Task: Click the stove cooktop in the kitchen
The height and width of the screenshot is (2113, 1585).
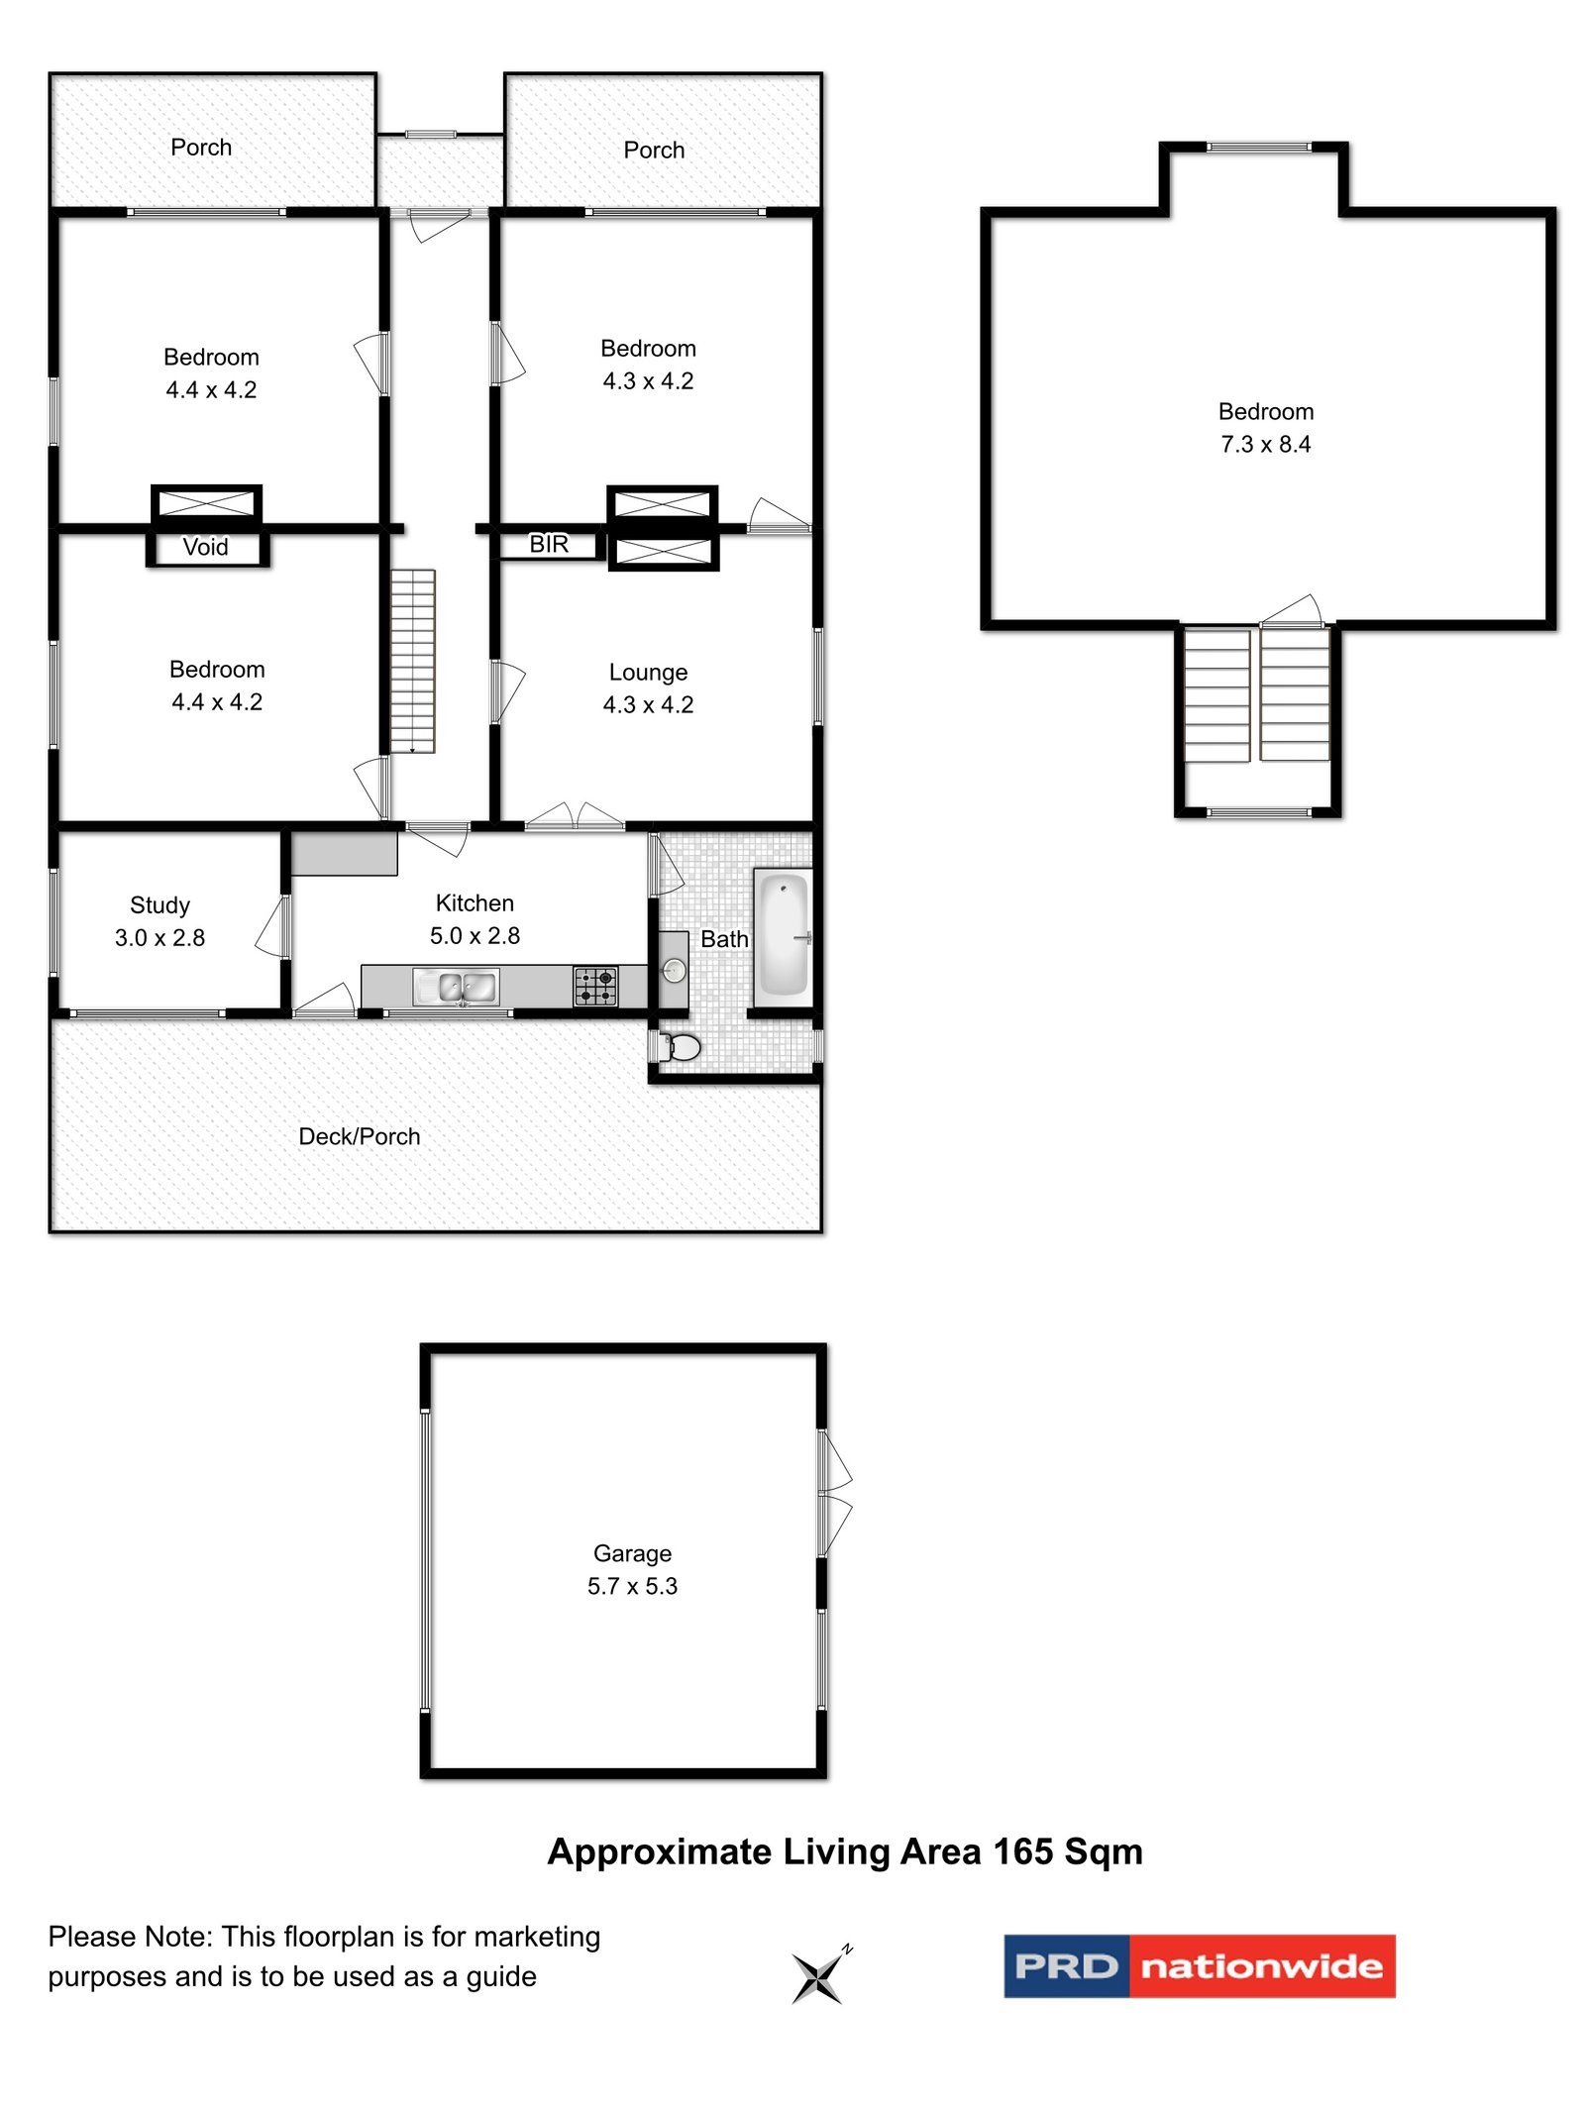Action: (594, 986)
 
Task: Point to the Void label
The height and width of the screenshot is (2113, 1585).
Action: (205, 547)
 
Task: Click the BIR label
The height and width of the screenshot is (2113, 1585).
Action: (549, 544)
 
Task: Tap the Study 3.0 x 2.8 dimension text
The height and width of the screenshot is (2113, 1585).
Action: (159, 937)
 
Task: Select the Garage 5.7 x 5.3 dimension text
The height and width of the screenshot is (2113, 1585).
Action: (632, 1586)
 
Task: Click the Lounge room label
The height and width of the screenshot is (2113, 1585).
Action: (648, 672)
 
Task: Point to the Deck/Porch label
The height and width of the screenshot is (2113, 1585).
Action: (359, 1136)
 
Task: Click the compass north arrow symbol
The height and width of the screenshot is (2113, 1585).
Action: (818, 1977)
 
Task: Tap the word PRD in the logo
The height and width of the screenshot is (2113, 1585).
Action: (1066, 1966)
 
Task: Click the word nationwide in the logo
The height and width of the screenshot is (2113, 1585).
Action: (1261, 1966)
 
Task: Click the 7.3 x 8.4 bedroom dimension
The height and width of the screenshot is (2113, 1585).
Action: (1265, 444)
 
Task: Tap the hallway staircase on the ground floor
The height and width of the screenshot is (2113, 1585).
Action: (412, 661)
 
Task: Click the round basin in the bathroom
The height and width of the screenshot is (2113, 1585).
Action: (674, 970)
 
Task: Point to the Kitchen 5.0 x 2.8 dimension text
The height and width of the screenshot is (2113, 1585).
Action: (475, 935)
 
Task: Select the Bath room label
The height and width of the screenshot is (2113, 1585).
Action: (724, 939)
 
